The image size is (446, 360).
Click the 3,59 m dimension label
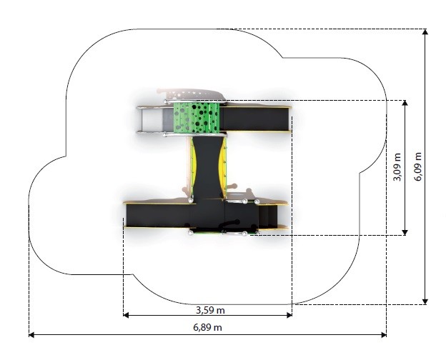pos(210,310)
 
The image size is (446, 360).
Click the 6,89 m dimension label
pos(208,327)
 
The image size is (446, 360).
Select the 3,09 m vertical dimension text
pos(397,167)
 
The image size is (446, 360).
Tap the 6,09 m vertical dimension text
pos(418,167)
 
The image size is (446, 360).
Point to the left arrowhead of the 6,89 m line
pos(31,335)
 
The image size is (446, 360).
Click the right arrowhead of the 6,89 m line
pos(384,335)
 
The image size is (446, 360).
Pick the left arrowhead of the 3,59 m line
pos(126,315)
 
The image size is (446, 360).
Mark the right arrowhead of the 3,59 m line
pos(289,315)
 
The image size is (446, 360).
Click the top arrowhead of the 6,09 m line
pos(425,31)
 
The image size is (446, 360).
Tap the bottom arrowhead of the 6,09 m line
pos(425,301)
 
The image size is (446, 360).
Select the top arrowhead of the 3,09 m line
pos(405,103)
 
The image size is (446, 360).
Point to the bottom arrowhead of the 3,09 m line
pos(405,233)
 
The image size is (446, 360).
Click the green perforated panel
pos(197,118)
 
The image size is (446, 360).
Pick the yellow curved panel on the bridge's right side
pos(224,168)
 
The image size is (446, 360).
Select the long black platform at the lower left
pos(158,216)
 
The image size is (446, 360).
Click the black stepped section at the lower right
pos(267,216)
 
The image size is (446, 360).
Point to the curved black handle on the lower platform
pos(230,224)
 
